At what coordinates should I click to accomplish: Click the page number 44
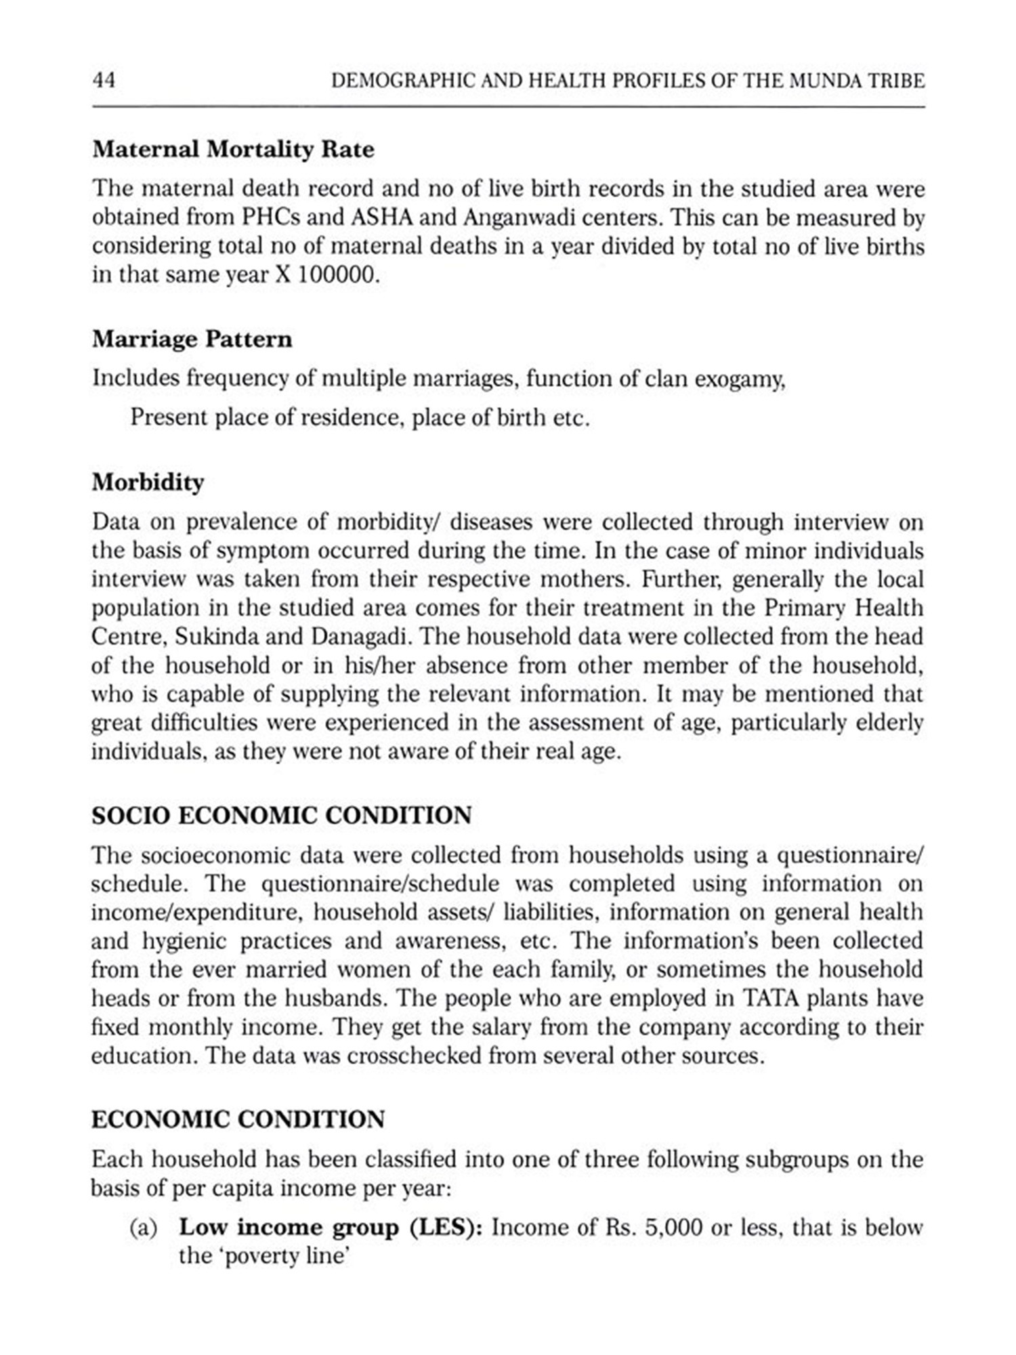[x=104, y=81]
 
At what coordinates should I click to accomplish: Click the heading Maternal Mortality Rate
[x=233, y=150]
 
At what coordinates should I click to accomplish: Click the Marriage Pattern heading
[x=192, y=339]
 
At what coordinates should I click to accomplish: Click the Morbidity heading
[x=148, y=482]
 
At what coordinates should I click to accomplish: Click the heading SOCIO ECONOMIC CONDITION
[x=282, y=815]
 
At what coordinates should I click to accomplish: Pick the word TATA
[x=771, y=998]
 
